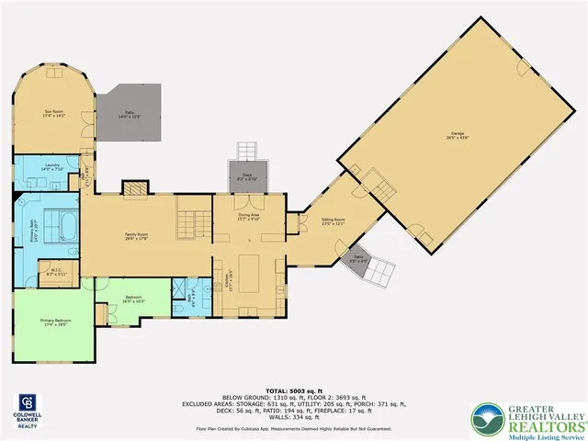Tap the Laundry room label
pyautogui.click(x=51, y=168)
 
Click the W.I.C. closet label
pyautogui.click(x=56, y=271)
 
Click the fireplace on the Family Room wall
pyautogui.click(x=134, y=188)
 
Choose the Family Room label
pyautogui.click(x=137, y=236)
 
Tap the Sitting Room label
pyautogui.click(x=333, y=220)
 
